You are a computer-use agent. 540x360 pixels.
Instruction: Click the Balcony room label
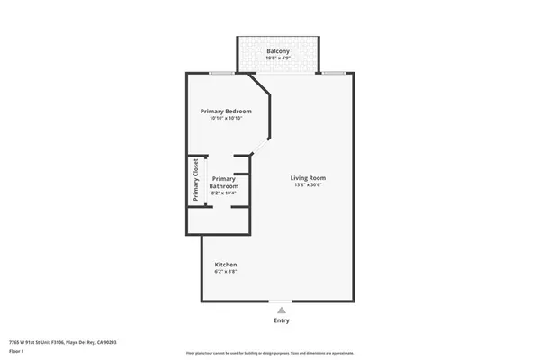[278, 51]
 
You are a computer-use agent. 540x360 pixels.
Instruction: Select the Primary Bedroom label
[225, 111]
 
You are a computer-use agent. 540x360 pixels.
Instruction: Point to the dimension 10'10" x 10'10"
[225, 119]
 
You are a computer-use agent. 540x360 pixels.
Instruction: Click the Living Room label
[308, 177]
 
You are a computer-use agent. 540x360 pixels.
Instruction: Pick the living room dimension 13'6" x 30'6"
[308, 185]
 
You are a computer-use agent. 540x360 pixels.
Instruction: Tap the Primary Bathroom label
[225, 182]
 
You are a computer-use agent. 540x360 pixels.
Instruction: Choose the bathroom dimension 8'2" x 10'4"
[225, 193]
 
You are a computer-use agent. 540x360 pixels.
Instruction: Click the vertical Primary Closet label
[194, 181]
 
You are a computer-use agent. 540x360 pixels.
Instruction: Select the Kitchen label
[225, 264]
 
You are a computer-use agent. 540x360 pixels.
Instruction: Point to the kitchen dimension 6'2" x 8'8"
[225, 272]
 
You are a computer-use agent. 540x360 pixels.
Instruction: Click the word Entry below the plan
[281, 320]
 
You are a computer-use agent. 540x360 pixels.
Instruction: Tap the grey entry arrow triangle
[281, 310]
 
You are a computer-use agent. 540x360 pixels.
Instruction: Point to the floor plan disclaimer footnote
[270, 354]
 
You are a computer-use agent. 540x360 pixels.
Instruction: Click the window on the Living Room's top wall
[334, 73]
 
